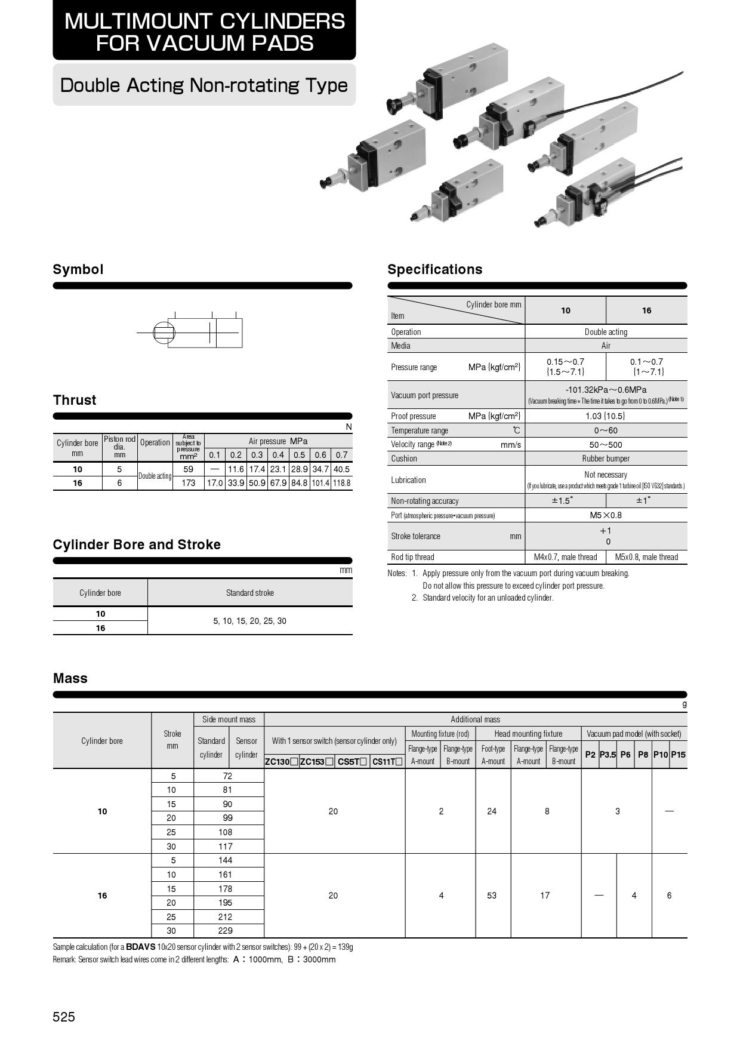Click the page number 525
[64, 1017]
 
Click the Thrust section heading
[75, 400]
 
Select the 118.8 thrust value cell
[342, 483]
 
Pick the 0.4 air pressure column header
[278, 455]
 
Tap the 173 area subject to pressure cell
[188, 483]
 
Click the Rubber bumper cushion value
[606, 459]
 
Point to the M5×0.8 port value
[606, 515]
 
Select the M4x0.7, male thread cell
[565, 557]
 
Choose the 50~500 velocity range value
[606, 445]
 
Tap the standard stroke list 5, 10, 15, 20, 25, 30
[249, 621]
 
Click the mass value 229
[226, 931]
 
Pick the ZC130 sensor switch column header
[281, 762]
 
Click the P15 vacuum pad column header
[678, 755]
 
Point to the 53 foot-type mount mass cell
[492, 896]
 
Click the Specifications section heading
[434, 269]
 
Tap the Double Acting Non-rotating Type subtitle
[204, 85]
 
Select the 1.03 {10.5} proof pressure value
[606, 416]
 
